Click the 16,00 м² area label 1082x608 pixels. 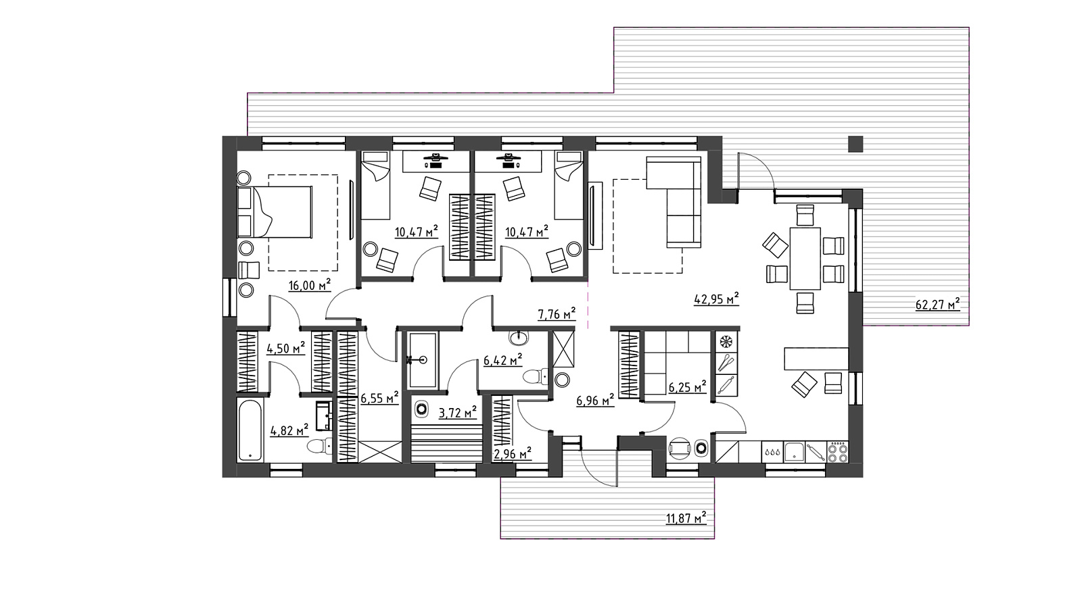pos(310,285)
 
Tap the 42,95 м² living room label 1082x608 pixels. pos(716,299)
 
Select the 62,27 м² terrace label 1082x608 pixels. pos(937,305)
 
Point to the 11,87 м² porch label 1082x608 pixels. pos(686,518)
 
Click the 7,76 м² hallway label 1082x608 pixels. pos(557,314)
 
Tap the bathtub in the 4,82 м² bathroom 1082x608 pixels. pos(250,430)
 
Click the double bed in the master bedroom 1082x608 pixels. pos(275,212)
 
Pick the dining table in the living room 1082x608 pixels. pos(805,259)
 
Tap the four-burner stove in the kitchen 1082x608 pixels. pos(838,452)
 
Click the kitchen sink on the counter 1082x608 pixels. pos(794,452)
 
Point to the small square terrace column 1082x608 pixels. pos(855,145)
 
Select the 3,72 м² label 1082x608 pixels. pos(457,413)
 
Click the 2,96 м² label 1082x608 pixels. pos(512,453)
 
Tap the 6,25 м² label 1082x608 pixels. pos(687,386)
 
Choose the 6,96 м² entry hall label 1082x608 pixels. pos(595,400)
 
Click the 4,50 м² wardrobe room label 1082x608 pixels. pos(286,348)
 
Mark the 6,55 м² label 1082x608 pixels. pos(379,398)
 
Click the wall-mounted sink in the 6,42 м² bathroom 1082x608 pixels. pos(519,337)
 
